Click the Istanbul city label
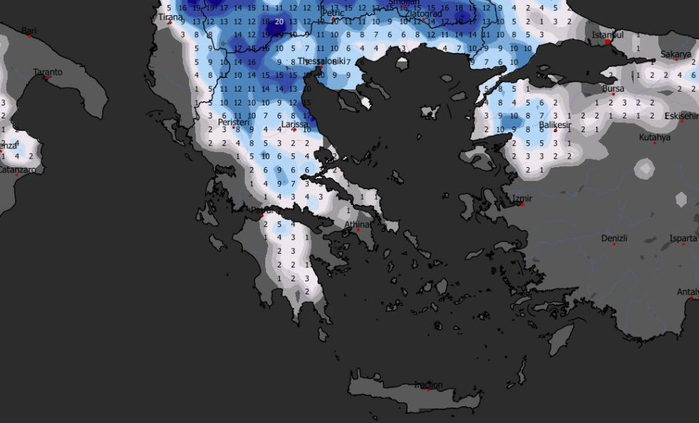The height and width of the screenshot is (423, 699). pyautogui.click(x=608, y=35)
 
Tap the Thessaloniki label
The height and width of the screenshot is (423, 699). pyautogui.click(x=325, y=62)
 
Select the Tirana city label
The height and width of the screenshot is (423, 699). pyautogui.click(x=171, y=17)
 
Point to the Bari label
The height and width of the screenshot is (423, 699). pyautogui.click(x=29, y=31)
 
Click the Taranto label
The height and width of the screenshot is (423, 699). pyautogui.click(x=48, y=72)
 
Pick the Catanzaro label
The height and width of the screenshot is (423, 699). pyautogui.click(x=20, y=170)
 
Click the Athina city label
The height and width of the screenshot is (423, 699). pyautogui.click(x=357, y=225)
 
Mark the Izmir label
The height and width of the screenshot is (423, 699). pyautogui.click(x=522, y=198)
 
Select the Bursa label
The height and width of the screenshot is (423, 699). pyautogui.click(x=613, y=89)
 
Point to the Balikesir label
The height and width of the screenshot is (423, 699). pyautogui.click(x=556, y=125)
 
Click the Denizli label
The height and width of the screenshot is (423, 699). pyautogui.click(x=614, y=238)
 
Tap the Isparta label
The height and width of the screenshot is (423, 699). pyautogui.click(x=683, y=238)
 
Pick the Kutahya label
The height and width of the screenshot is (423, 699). pyautogui.click(x=655, y=137)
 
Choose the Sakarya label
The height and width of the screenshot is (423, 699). pyautogui.click(x=676, y=55)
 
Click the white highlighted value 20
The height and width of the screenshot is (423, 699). pyautogui.click(x=279, y=22)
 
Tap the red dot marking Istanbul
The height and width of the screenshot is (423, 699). pyautogui.click(x=607, y=42)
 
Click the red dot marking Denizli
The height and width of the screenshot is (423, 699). pyautogui.click(x=614, y=244)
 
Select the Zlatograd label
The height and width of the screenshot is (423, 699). pyautogui.click(x=423, y=13)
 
